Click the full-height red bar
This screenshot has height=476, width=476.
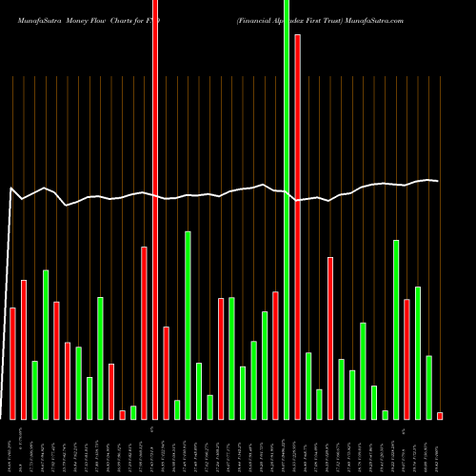pyautogui.click(x=155, y=209)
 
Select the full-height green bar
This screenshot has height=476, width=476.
pyautogui.click(x=287, y=209)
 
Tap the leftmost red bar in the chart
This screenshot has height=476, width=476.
pyautogui.click(x=12, y=363)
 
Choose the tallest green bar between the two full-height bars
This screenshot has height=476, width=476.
pyautogui.click(x=188, y=325)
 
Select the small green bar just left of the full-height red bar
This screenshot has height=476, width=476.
pyautogui.click(x=133, y=412)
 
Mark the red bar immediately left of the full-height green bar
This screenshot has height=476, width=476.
pyautogui.click(x=276, y=355)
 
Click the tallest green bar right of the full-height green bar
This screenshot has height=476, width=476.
pyautogui.click(x=396, y=329)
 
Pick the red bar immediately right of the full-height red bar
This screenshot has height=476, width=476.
pyautogui.click(x=166, y=372)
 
